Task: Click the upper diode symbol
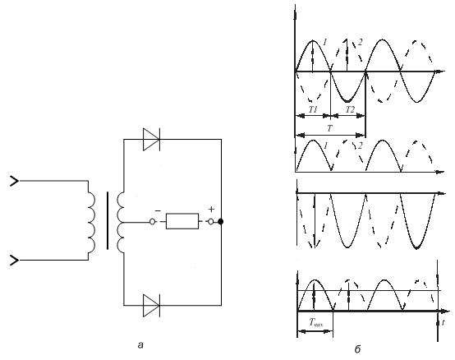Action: coord(151,140)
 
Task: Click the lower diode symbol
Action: coord(151,306)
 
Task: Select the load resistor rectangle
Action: coord(182,221)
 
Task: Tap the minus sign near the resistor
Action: coord(158,210)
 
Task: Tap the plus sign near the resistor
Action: coord(212,209)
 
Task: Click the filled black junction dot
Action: coord(221,222)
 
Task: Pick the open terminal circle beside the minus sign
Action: coord(152,222)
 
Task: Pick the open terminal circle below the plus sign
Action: coord(211,222)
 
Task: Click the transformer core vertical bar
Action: coord(108,220)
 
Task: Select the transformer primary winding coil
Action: coord(91,220)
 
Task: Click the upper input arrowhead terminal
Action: coord(15,181)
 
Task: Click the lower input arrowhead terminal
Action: coord(15,260)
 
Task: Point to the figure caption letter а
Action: coord(140,345)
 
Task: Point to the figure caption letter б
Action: coord(357,348)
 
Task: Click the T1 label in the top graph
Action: coord(313,109)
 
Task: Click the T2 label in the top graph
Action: coord(350,109)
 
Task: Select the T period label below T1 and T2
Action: coord(329,128)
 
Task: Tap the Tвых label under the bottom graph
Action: coord(315,322)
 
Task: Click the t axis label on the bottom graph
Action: coord(444,322)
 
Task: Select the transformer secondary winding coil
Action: coord(121,223)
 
